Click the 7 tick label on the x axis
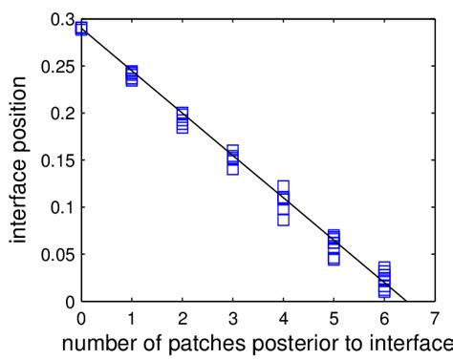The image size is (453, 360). pyautogui.click(x=434, y=317)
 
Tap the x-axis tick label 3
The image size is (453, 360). pyautogui.click(x=232, y=317)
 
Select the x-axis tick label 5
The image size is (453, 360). pyautogui.click(x=334, y=317)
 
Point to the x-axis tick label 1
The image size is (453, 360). pyautogui.click(x=132, y=317)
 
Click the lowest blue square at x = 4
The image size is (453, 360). pyautogui.click(x=283, y=220)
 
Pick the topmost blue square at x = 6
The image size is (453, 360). pyautogui.click(x=384, y=268)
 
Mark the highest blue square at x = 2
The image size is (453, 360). pyautogui.click(x=183, y=113)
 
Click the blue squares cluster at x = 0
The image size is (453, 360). pyautogui.click(x=81, y=29)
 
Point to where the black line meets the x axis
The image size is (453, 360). pyautogui.click(x=406, y=301)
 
